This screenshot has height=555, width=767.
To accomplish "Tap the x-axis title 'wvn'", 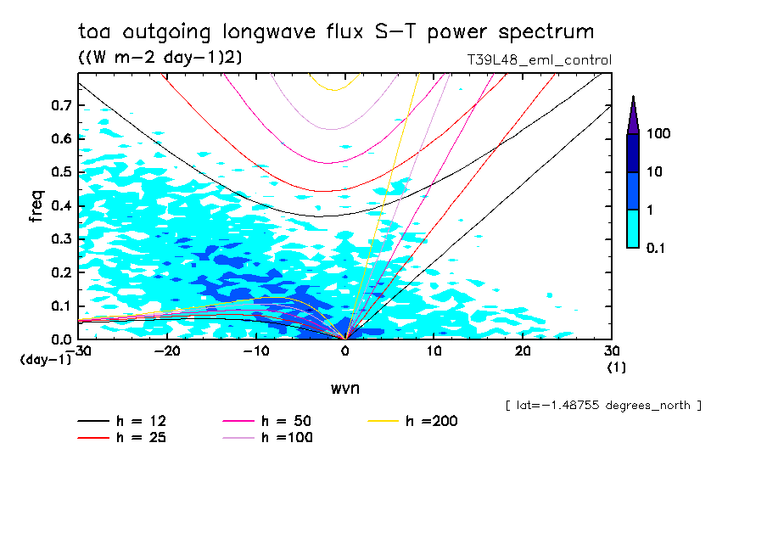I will (344, 388).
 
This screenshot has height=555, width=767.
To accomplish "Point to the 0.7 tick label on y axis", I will (60, 106).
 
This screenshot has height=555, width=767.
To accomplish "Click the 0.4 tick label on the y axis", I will (60, 206).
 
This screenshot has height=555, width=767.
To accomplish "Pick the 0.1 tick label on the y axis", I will (60, 306).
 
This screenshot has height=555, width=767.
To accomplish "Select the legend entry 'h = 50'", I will (288, 422).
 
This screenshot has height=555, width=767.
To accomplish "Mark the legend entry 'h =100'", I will (288, 438).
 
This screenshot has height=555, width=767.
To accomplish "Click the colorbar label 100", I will (658, 134).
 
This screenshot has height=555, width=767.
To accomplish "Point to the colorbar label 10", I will (655, 172).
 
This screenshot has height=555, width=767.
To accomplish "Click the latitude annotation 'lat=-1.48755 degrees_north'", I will (603, 406).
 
